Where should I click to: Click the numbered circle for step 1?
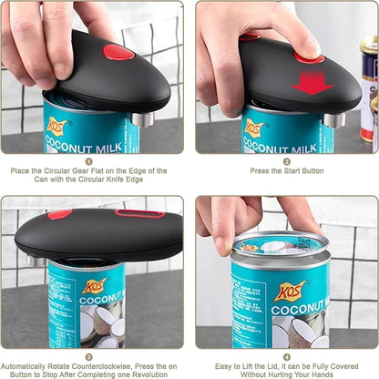[88, 159]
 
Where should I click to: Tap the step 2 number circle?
[286, 159]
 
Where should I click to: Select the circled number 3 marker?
[88, 357]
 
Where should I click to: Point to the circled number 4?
[286, 357]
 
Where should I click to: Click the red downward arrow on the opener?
[312, 84]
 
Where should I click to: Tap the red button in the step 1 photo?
[119, 51]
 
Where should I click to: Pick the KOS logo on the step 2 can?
[254, 128]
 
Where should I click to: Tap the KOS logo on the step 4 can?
[290, 291]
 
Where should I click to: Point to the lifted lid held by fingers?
[279, 243]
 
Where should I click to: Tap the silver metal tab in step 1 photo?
[141, 118]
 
